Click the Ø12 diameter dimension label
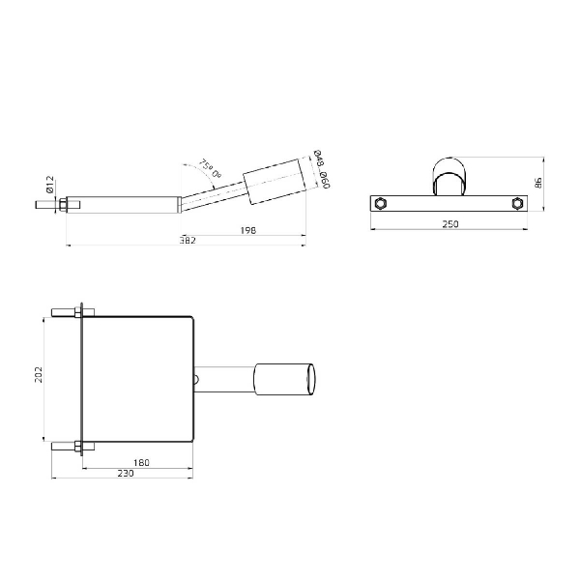[49, 185]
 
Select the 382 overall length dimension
[188, 240]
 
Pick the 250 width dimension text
[449, 224]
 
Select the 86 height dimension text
[538, 182]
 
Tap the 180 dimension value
[140, 463]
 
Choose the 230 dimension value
[125, 475]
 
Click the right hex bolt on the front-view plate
[518, 203]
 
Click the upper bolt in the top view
[68, 311]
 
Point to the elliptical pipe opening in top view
[311, 379]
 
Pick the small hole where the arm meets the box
[196, 379]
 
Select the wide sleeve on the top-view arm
[280, 379]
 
